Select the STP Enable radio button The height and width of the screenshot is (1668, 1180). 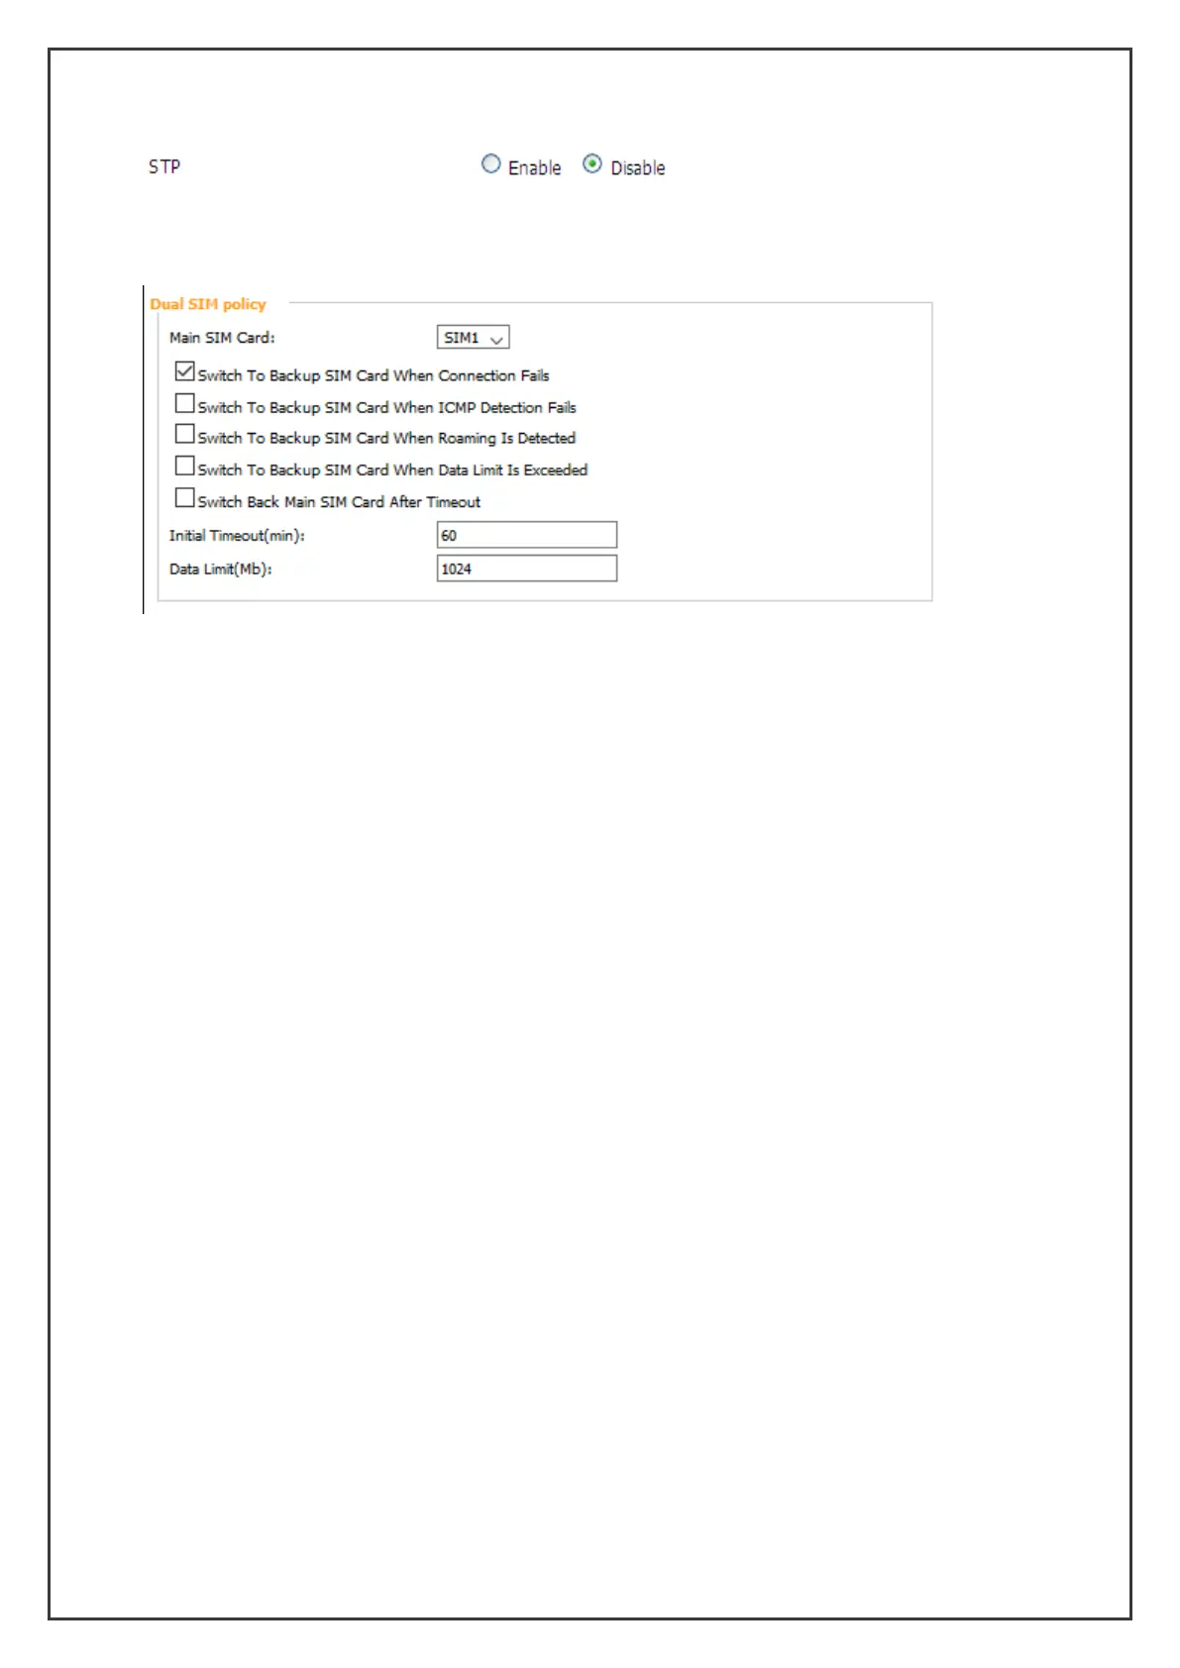pos(490,164)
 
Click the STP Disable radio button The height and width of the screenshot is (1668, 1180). pos(591,164)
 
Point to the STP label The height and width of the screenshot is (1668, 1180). pos(164,166)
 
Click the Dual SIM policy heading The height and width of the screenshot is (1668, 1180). pos(208,304)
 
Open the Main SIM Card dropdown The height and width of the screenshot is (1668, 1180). pos(473,338)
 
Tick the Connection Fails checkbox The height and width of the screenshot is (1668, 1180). pos(184,372)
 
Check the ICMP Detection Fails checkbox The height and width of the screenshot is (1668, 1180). pos(184,404)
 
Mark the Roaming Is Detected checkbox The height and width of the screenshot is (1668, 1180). pos(184,435)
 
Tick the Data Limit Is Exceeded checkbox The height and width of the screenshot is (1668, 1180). pos(184,467)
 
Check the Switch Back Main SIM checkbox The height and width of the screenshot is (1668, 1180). pos(184,498)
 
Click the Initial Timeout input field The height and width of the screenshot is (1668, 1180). pos(526,535)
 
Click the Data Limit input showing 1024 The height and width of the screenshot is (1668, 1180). pos(526,569)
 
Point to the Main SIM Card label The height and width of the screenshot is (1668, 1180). pos(222,338)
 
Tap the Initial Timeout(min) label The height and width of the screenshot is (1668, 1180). pos(237,536)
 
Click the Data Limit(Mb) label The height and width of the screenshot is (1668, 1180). pos(220,570)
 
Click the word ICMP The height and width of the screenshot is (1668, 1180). pos(457,407)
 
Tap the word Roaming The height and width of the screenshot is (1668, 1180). pos(467,438)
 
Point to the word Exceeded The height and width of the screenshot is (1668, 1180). pos(555,469)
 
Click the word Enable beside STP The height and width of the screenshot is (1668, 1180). pos(534,168)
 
